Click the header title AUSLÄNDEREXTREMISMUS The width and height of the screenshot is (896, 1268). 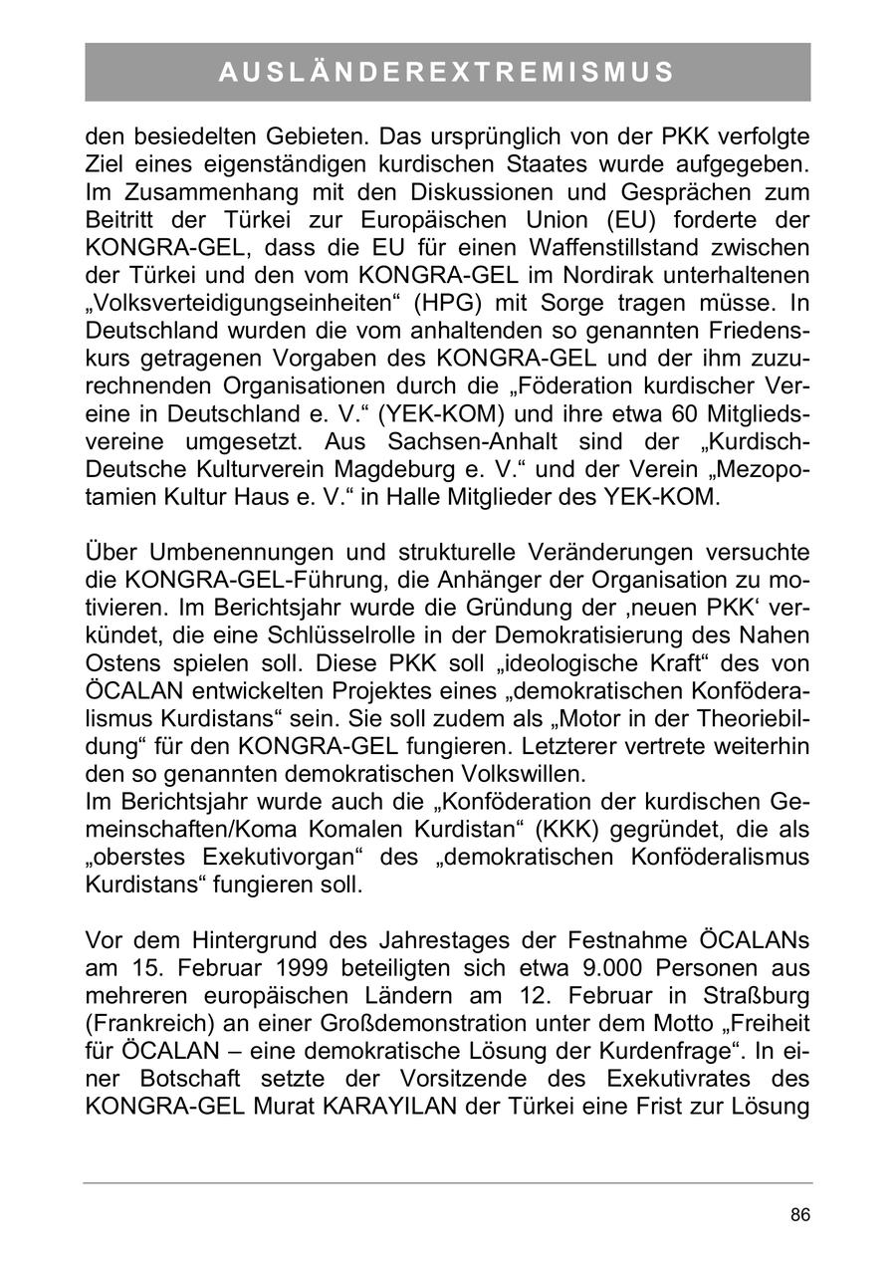(x=447, y=72)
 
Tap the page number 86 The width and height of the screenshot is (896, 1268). (x=799, y=1215)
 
